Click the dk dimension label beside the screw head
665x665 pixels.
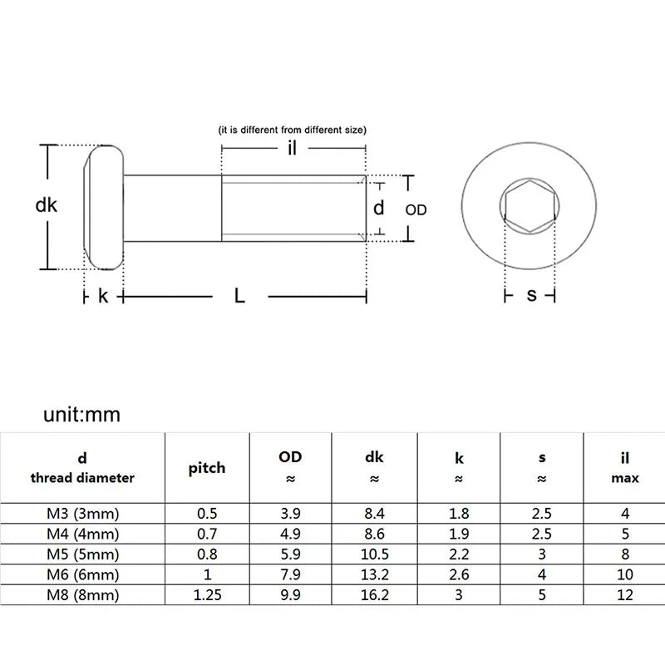47,204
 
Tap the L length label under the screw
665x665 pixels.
239,295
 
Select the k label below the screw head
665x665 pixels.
103,295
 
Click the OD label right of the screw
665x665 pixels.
416,210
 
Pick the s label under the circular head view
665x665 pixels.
532,295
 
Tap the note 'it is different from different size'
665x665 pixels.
292,130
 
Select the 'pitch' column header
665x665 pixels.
206,468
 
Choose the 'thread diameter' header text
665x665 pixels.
82,478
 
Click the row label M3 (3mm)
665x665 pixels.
82,514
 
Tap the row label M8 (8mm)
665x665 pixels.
82,595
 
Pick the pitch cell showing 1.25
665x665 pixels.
206,595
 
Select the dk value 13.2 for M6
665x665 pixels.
374,574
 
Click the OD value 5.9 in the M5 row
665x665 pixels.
290,554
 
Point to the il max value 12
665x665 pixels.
625,595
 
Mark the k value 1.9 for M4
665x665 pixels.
458,534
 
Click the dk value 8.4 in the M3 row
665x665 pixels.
374,514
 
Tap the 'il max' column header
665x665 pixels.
625,468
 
